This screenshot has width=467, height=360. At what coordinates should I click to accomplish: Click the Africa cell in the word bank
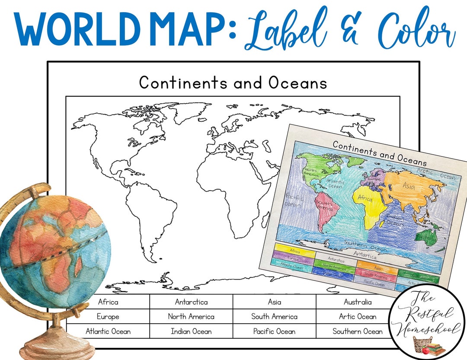click(x=108, y=302)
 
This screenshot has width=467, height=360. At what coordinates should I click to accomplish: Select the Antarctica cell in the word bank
click(x=191, y=302)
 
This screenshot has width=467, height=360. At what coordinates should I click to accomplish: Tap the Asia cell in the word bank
click(x=274, y=302)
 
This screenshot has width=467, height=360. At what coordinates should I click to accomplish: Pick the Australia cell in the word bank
click(x=357, y=302)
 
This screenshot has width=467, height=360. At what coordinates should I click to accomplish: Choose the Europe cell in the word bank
click(x=108, y=317)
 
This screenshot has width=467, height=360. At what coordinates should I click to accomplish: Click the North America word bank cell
click(x=191, y=317)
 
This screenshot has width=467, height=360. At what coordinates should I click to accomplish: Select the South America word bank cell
click(x=274, y=317)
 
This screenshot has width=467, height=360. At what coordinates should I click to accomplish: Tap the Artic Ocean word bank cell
click(x=357, y=317)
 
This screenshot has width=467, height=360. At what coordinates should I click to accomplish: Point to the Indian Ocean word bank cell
click(x=191, y=331)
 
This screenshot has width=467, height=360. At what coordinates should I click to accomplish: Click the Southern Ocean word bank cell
click(x=357, y=331)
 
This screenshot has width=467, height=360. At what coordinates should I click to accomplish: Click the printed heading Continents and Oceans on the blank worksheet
click(x=233, y=83)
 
